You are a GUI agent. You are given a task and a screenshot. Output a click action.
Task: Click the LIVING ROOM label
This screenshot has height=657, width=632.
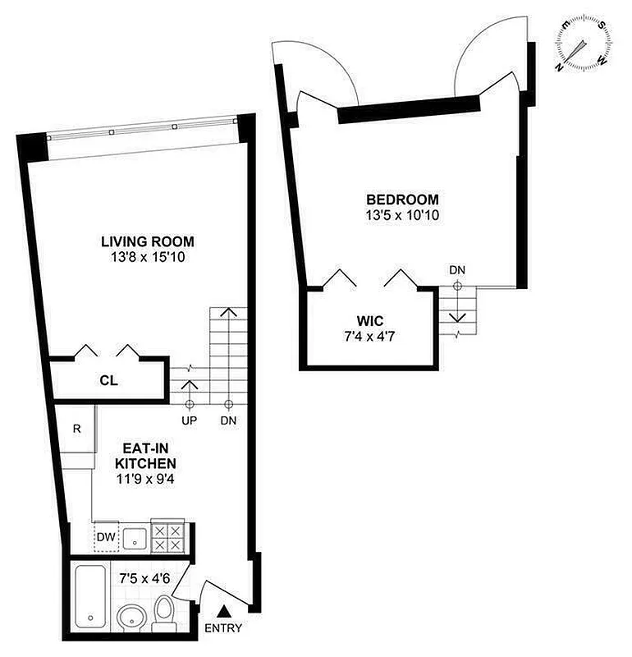(148, 241)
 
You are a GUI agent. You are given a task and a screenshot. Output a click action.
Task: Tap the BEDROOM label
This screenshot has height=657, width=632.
(402, 200)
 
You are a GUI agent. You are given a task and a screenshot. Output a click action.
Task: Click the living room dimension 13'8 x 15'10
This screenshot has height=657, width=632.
(148, 258)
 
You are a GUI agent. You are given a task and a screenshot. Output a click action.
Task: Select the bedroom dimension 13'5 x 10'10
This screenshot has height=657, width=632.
(402, 216)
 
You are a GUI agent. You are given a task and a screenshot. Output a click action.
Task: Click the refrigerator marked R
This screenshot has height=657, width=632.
(76, 427)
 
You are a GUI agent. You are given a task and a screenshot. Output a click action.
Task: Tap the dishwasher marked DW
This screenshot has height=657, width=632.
(106, 538)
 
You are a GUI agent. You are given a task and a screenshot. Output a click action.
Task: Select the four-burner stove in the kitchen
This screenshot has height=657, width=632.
(168, 537)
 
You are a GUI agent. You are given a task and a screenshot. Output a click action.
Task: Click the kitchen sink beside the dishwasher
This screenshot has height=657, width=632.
(135, 538)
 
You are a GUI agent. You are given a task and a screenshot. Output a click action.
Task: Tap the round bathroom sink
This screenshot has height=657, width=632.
(131, 618)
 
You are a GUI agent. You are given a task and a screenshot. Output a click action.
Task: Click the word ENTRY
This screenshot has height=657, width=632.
(222, 629)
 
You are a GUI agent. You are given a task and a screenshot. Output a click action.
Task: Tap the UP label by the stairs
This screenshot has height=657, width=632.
(189, 420)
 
